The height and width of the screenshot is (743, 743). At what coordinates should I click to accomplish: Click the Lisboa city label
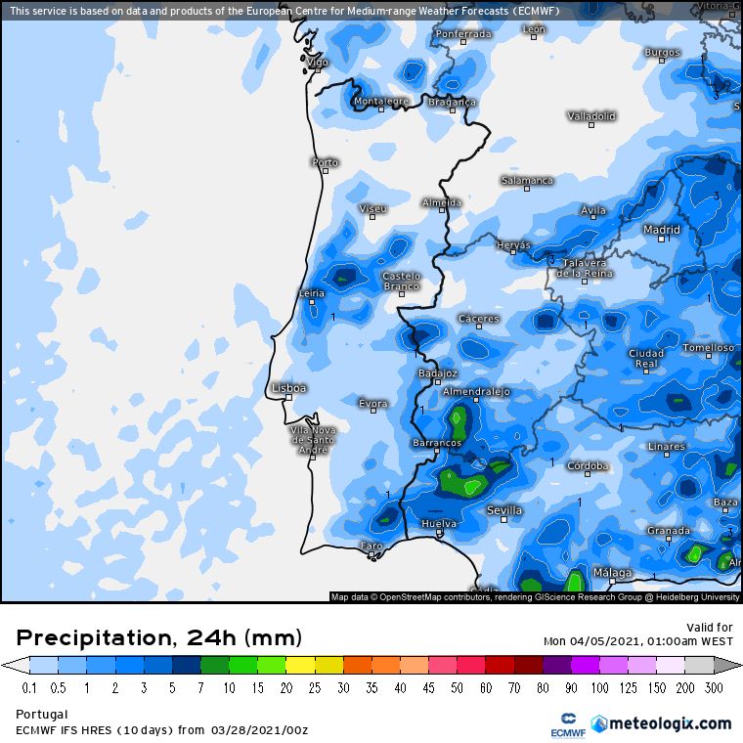click(x=288, y=388)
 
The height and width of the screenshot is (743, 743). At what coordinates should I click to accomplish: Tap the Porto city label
click(x=325, y=162)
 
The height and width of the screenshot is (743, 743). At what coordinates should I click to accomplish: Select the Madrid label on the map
click(x=662, y=230)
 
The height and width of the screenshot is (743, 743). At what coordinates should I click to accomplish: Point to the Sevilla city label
click(x=504, y=510)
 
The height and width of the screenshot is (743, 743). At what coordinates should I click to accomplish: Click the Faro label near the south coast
click(x=371, y=546)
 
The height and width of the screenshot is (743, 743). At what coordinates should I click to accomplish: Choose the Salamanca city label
click(x=527, y=180)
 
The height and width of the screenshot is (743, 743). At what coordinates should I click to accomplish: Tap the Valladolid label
click(x=591, y=115)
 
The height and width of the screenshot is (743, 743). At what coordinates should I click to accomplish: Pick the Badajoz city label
click(x=437, y=372)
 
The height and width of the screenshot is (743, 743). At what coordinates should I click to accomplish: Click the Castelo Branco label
click(x=401, y=281)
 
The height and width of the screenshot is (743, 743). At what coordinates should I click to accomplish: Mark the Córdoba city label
click(x=589, y=465)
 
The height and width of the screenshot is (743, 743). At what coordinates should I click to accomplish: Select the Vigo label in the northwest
click(x=318, y=62)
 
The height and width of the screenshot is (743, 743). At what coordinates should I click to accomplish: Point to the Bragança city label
click(x=453, y=102)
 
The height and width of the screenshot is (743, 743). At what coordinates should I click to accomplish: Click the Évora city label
click(x=372, y=403)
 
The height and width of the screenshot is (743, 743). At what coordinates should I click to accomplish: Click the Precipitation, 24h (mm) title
click(x=158, y=638)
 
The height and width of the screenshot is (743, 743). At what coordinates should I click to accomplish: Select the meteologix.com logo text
click(x=670, y=723)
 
